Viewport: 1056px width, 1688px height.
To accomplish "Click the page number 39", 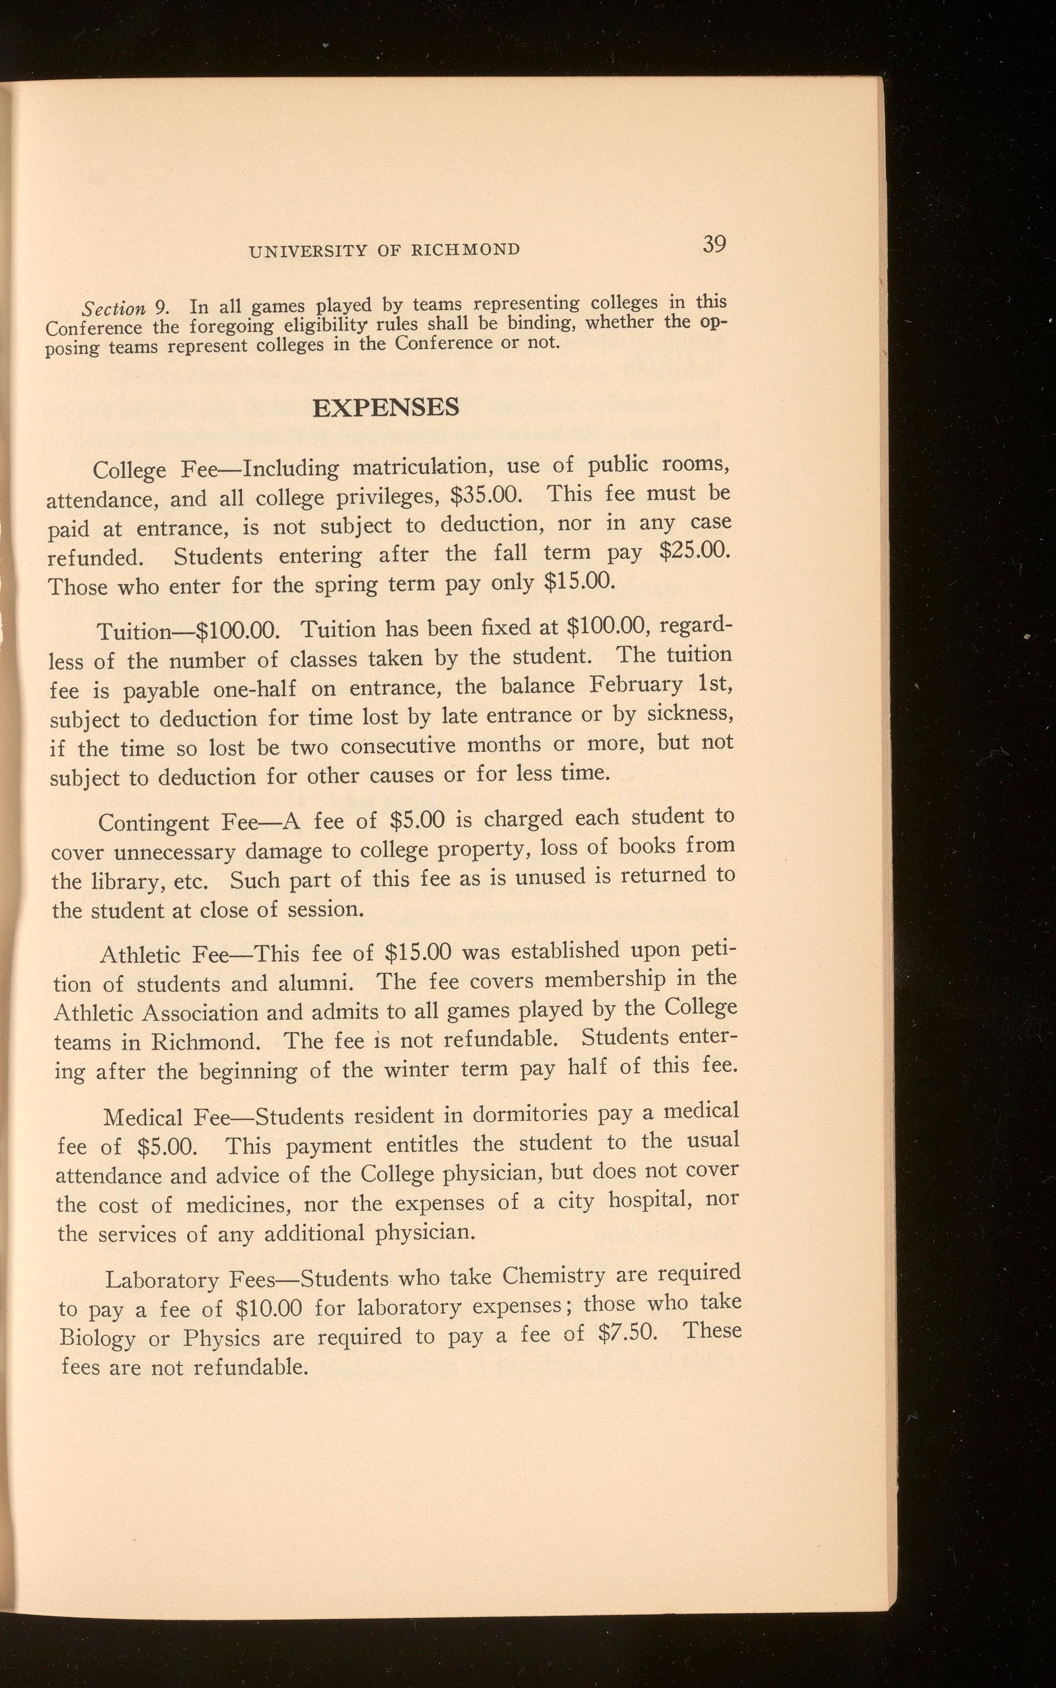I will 714,244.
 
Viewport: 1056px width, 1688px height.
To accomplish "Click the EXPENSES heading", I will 386,407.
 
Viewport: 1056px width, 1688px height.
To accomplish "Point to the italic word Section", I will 114,308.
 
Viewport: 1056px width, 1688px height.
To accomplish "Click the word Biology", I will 98,1337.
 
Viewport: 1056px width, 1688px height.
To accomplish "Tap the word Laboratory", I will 162,1280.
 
